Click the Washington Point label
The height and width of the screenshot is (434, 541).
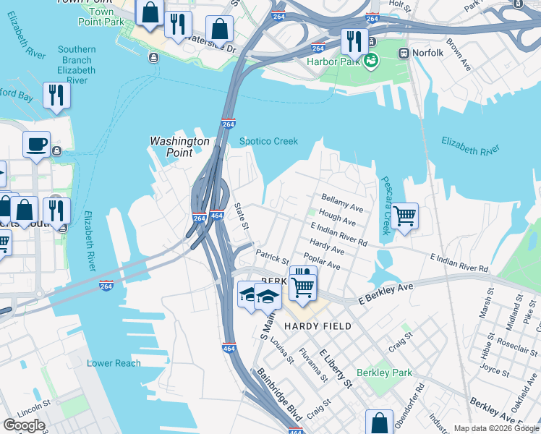[179, 147]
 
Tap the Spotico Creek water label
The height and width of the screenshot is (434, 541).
[268, 142]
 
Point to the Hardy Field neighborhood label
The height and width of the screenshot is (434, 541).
[318, 326]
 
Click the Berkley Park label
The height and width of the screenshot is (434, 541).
[388, 373]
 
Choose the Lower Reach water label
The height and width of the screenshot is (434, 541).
[114, 363]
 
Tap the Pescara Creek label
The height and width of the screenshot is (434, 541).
[385, 206]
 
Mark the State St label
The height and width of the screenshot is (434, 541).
[242, 216]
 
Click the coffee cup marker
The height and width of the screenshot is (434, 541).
[36, 144]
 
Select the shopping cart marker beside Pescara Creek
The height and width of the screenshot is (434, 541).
[405, 215]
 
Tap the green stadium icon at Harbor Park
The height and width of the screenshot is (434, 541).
[371, 61]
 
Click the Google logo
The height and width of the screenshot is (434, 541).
[24, 425]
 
